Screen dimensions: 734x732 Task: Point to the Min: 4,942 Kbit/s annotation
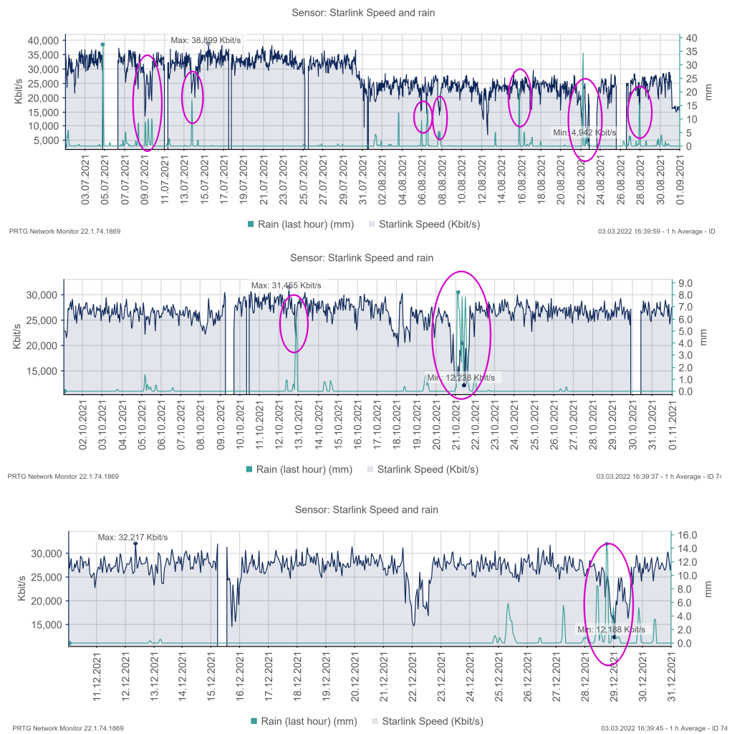pyautogui.click(x=584, y=133)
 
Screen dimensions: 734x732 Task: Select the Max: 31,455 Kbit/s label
pyautogui.click(x=286, y=285)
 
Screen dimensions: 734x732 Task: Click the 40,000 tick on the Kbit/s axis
pyautogui.click(x=43, y=41)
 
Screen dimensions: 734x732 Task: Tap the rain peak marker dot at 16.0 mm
pyautogui.click(x=607, y=544)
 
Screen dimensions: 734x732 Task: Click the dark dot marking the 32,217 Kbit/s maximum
pyautogui.click(x=135, y=543)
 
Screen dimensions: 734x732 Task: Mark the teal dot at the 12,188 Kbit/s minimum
pyautogui.click(x=615, y=637)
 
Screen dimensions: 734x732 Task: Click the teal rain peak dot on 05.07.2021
pyautogui.click(x=102, y=44)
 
